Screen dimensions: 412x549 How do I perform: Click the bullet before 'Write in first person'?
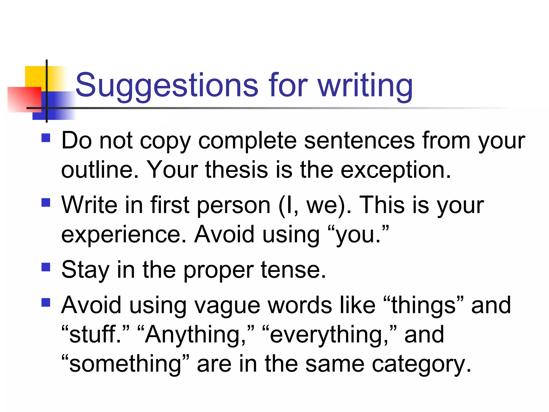click(46, 203)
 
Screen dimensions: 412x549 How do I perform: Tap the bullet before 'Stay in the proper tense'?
click(46, 267)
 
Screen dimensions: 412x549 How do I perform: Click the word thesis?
click(236, 170)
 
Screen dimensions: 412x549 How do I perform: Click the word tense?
click(293, 270)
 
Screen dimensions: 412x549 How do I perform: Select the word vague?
click(227, 306)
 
